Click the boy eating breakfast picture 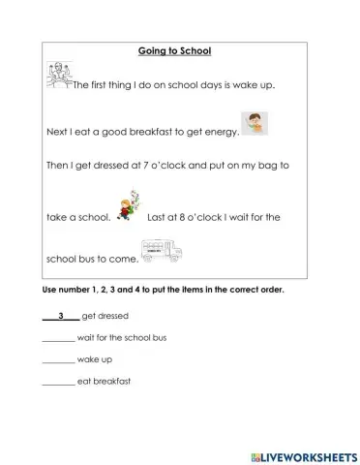point(255,124)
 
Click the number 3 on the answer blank point(61,316)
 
